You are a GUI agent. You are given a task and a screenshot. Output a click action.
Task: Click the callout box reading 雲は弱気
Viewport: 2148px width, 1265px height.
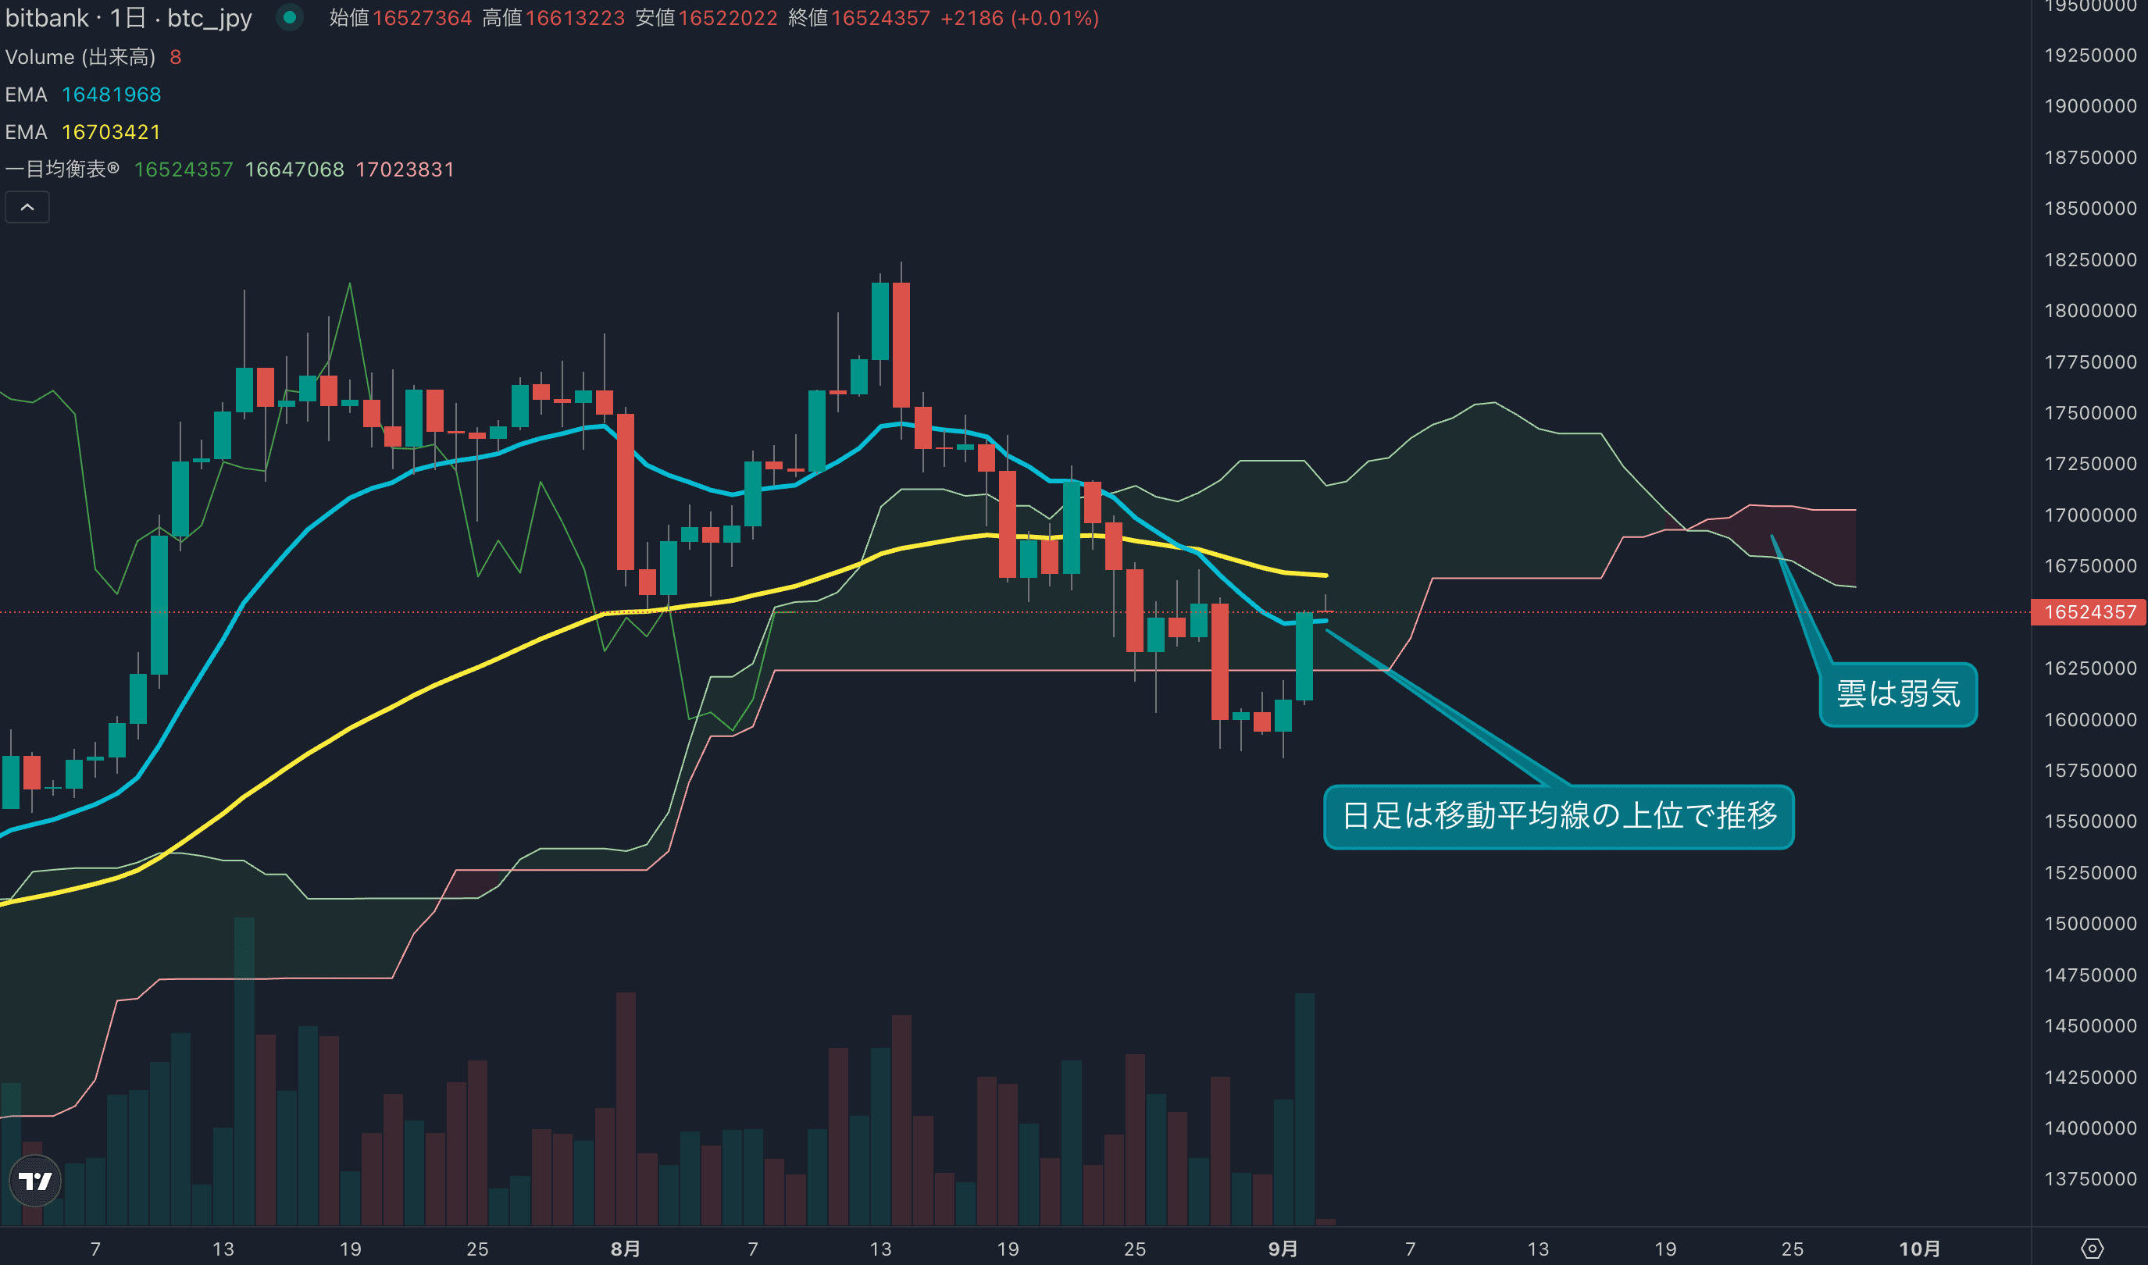coord(1897,694)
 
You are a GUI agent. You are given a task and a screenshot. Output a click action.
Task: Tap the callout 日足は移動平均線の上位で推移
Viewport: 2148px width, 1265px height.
coord(1558,816)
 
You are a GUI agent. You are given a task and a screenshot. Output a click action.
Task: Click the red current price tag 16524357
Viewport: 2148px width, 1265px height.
coord(2089,612)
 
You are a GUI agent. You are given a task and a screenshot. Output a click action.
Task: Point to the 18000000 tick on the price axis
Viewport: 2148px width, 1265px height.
coord(2089,311)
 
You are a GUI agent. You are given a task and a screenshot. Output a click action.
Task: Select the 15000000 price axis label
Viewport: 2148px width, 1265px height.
coord(2089,923)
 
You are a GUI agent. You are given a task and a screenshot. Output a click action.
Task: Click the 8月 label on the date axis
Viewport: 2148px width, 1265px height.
coord(625,1249)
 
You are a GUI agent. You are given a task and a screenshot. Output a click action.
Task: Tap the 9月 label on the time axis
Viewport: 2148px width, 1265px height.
coord(1283,1249)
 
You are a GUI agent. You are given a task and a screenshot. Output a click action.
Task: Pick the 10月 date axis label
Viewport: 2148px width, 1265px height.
coord(1918,1249)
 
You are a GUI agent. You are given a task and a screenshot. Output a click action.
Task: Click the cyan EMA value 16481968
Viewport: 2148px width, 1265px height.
coord(111,94)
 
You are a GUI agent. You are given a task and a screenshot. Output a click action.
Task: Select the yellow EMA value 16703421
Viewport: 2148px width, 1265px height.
coord(111,132)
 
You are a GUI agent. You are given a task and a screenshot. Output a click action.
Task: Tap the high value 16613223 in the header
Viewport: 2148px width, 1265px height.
coord(575,18)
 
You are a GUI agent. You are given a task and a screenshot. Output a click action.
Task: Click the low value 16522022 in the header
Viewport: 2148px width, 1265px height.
coord(727,18)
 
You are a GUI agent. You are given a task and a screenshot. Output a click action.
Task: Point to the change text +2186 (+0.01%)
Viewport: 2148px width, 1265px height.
coord(1019,18)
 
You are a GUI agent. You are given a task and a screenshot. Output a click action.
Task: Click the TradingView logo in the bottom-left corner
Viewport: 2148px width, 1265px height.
coord(35,1181)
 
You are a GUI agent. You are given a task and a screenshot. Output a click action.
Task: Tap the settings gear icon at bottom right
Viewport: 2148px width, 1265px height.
coord(2092,1249)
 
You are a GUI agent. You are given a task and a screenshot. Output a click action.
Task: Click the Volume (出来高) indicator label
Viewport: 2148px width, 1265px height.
coord(80,57)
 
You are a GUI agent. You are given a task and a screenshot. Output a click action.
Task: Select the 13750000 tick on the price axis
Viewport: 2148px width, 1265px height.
coord(2089,1179)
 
